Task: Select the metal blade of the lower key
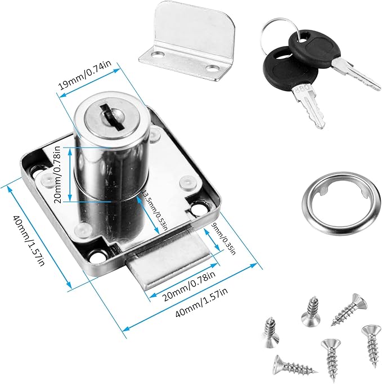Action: (x=310, y=106)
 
